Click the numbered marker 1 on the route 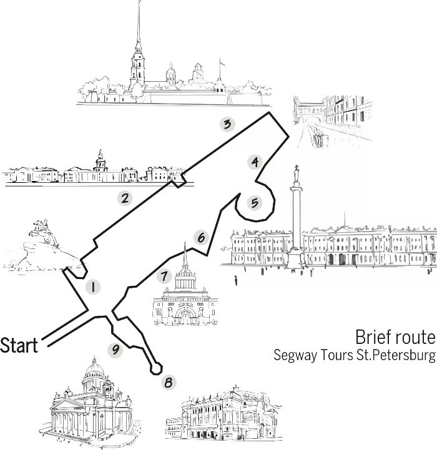pos(92,287)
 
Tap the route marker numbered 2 pos(125,199)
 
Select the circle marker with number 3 pos(228,124)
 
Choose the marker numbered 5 pos(253,202)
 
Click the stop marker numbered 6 pos(200,238)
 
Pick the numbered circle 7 pos(165,276)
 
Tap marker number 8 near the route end pos(168,382)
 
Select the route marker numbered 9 pos(114,350)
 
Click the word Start pos(19,345)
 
